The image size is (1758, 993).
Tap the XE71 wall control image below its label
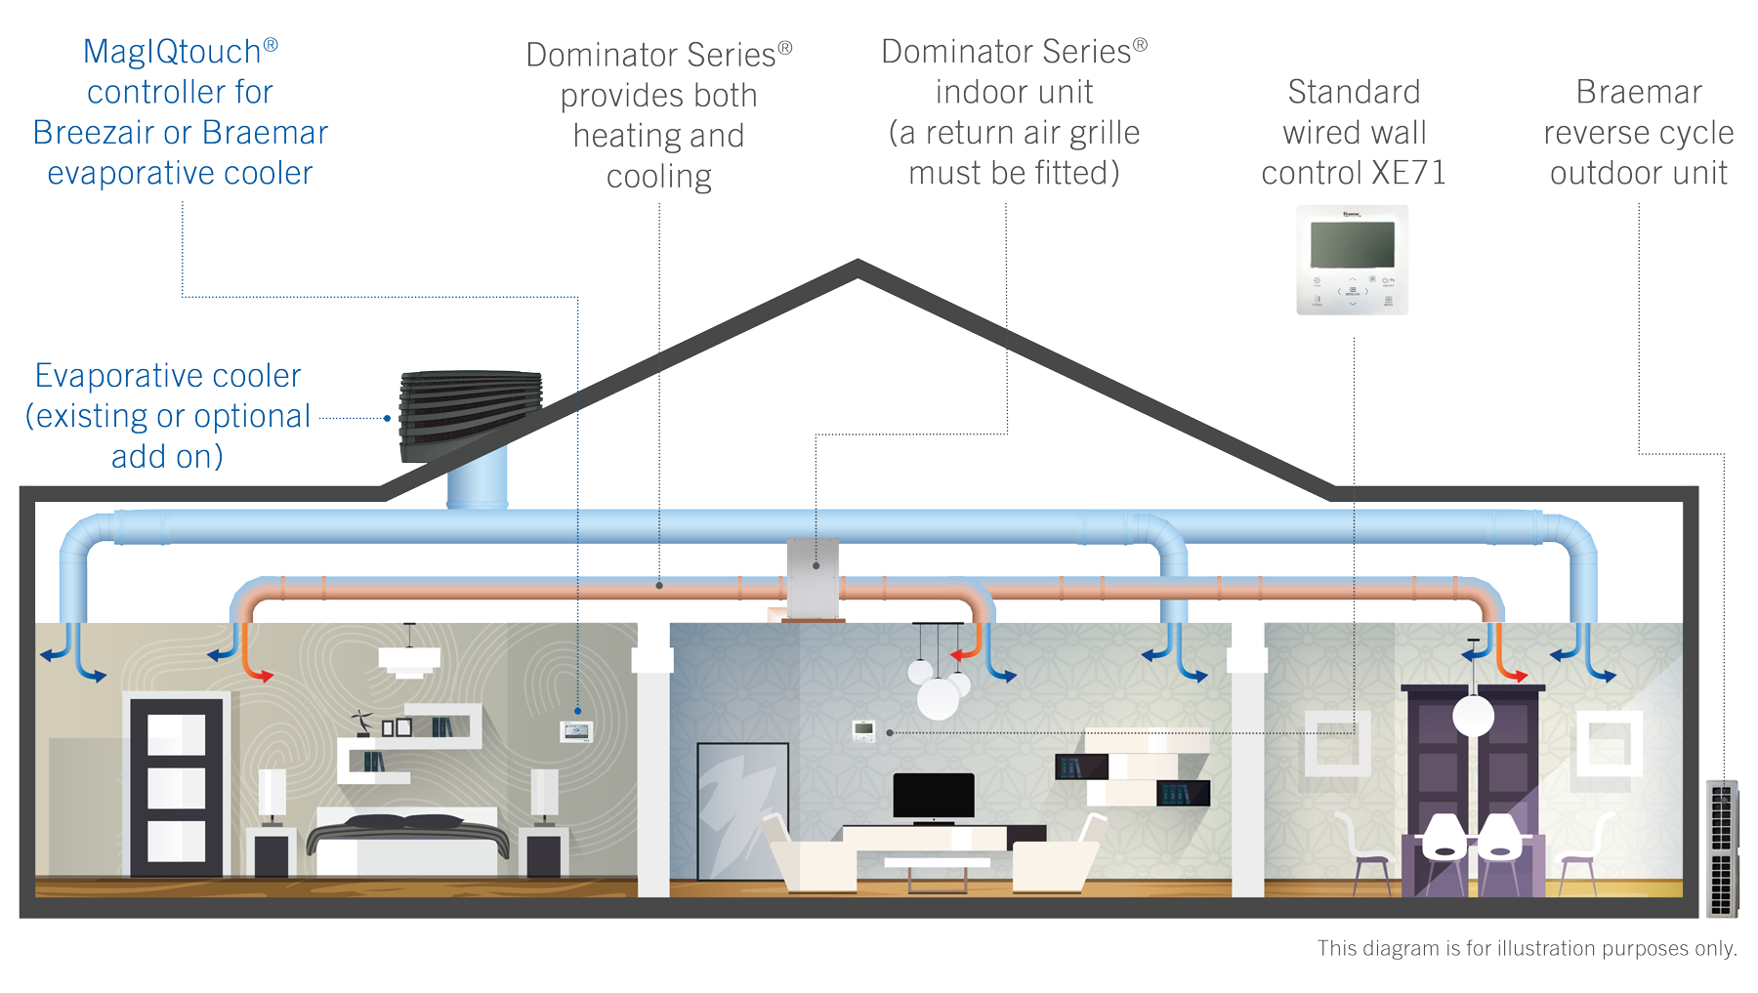tap(1352, 260)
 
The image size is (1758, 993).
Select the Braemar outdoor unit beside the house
tap(1722, 848)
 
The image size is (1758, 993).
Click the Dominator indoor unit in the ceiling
tap(813, 576)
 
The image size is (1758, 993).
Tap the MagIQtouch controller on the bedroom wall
tap(576, 730)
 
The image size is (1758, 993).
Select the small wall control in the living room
tap(863, 730)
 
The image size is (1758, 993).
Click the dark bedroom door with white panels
tap(177, 786)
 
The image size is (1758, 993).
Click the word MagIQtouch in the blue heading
tap(172, 52)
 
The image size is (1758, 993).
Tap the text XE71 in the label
tap(1407, 173)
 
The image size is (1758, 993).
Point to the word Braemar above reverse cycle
tap(1638, 92)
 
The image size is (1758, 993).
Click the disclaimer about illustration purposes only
tap(1527, 948)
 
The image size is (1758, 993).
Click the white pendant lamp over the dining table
tap(1473, 715)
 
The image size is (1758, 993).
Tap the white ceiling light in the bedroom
tap(409, 660)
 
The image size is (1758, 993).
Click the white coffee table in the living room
tap(937, 865)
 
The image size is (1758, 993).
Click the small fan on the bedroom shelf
tap(363, 723)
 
